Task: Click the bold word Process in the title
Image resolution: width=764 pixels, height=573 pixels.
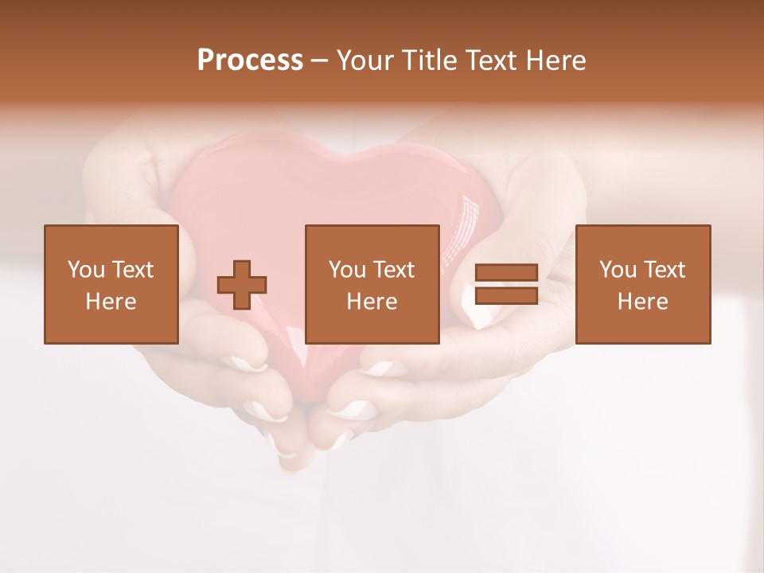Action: coord(250,60)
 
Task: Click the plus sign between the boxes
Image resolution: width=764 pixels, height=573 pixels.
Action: coord(242,284)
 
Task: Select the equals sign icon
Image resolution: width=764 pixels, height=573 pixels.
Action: coord(506,284)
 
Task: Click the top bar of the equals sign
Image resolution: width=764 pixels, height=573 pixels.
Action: coord(506,273)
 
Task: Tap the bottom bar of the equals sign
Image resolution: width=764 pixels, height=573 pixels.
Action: coord(506,295)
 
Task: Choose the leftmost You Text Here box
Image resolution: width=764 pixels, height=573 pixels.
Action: coord(111,284)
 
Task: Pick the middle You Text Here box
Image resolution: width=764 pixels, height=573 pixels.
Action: coord(372,284)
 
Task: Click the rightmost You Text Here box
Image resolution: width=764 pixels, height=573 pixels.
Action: coord(642,284)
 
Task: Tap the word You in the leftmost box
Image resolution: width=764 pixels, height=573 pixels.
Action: coord(86,270)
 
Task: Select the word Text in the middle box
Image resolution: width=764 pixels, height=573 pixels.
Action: coord(392,270)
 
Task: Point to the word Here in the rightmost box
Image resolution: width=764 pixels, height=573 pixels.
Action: coord(642,302)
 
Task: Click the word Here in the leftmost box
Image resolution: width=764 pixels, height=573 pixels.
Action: coord(111,302)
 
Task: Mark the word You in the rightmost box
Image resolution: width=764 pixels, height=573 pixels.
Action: coord(618,270)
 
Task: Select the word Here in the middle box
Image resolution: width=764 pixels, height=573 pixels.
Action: coord(372,302)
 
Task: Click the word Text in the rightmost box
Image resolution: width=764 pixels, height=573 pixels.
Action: coord(663,270)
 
